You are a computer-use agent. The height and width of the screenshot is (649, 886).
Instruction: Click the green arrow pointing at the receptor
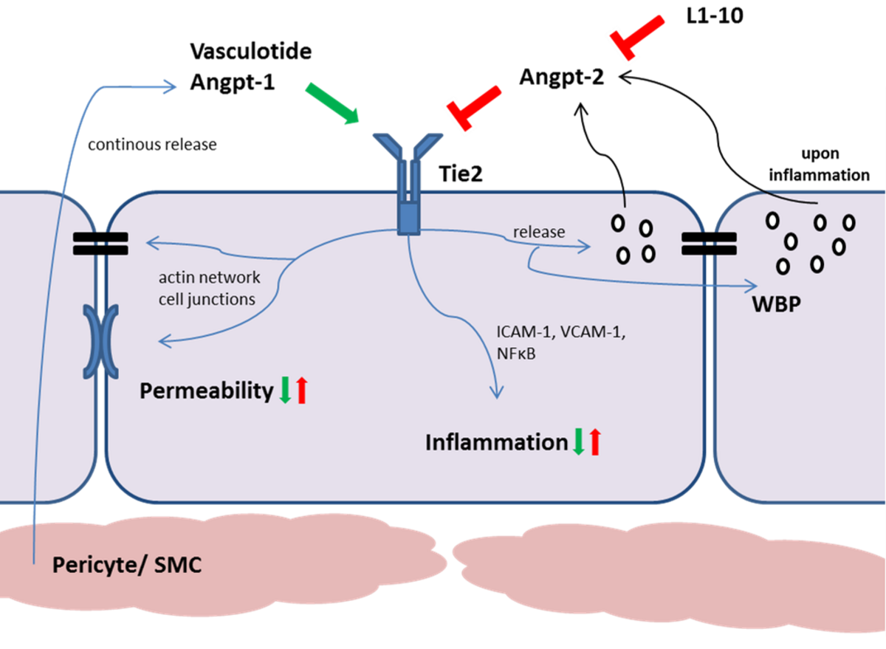click(x=332, y=104)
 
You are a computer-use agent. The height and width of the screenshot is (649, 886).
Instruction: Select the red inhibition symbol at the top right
click(x=635, y=35)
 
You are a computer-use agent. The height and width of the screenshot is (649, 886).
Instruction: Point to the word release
click(x=539, y=232)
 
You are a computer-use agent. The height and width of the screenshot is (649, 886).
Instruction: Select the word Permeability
click(x=207, y=391)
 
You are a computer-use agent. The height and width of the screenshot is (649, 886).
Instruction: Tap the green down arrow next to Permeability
click(x=285, y=390)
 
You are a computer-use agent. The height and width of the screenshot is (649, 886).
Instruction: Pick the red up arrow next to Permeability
click(x=301, y=390)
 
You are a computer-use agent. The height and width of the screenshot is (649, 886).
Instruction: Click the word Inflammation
click(x=496, y=442)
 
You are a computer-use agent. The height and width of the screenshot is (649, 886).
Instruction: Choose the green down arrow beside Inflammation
click(x=580, y=442)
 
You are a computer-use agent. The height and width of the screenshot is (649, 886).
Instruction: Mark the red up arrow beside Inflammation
click(x=596, y=442)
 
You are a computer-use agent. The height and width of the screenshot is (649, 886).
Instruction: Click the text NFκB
click(x=516, y=354)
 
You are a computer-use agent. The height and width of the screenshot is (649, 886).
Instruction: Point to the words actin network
click(x=210, y=278)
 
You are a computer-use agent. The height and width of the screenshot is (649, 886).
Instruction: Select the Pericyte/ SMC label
click(x=126, y=566)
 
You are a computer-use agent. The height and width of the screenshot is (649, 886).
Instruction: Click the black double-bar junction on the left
click(x=100, y=244)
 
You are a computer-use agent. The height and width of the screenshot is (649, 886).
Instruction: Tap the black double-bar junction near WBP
click(x=709, y=244)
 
